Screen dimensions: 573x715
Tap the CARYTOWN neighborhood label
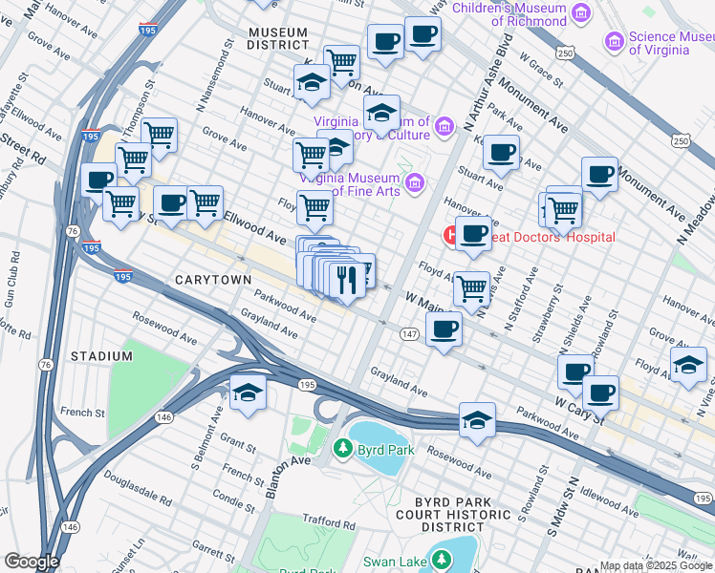tap(212, 279)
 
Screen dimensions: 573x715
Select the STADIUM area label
tap(101, 356)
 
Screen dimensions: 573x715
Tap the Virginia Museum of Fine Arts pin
tap(414, 181)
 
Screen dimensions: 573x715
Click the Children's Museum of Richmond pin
tap(580, 12)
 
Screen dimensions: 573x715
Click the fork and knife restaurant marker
tap(343, 279)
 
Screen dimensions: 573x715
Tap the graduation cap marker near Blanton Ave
tap(248, 392)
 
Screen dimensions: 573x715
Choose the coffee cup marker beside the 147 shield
tap(444, 329)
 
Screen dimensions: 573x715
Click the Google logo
tap(31, 562)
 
